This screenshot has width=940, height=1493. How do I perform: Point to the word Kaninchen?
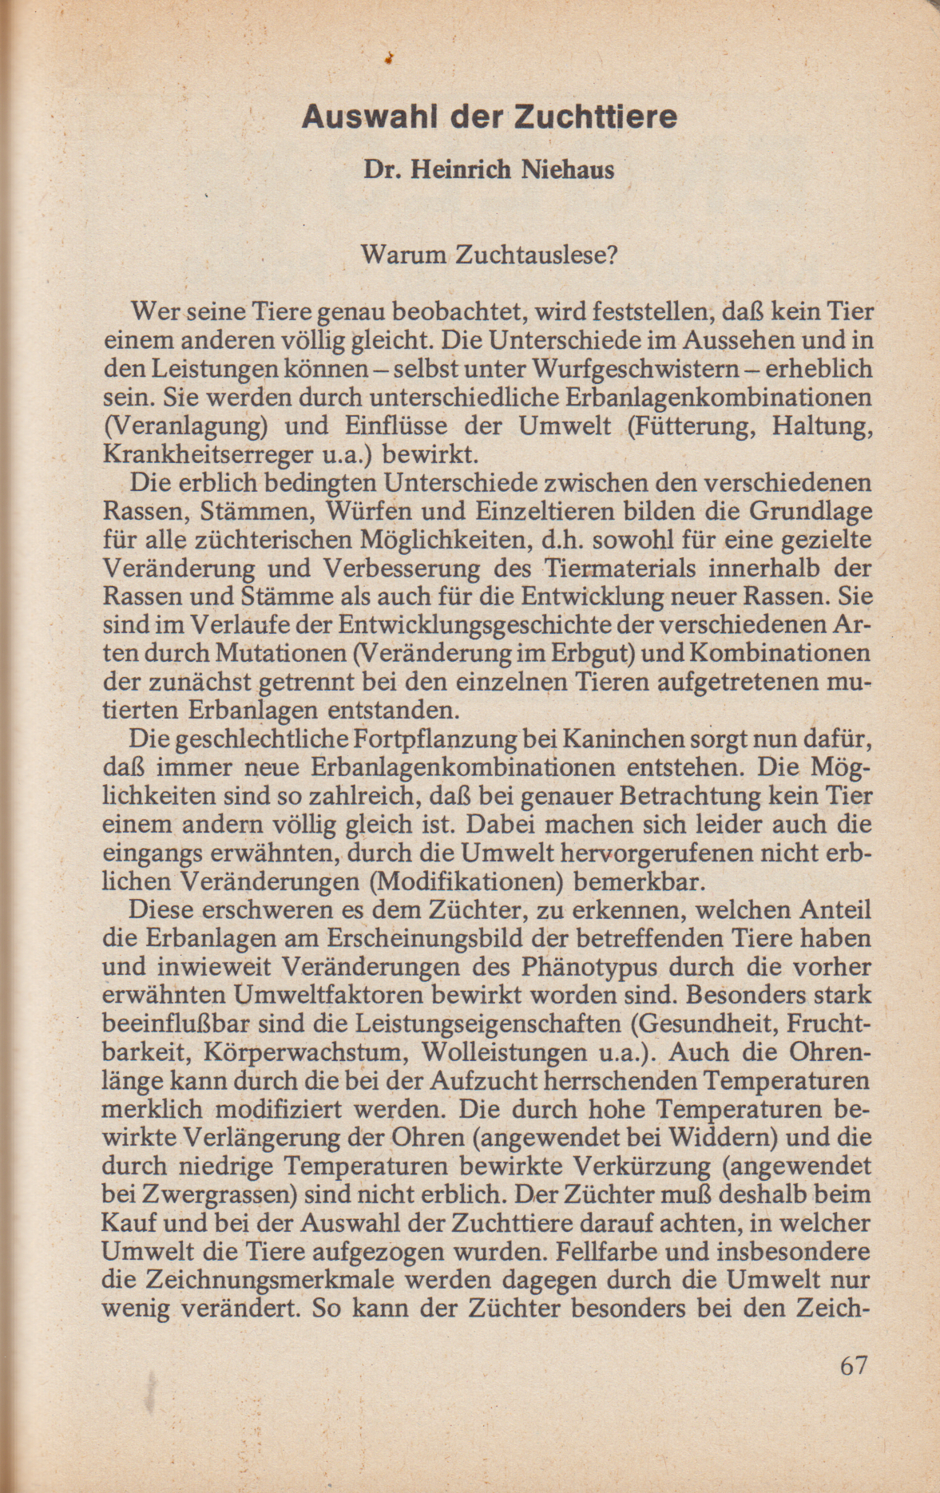[x=604, y=739]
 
